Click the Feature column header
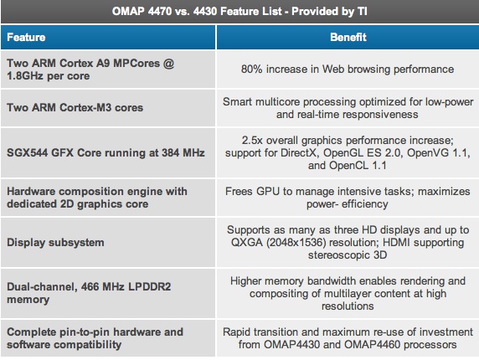[26, 37]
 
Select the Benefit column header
[348, 37]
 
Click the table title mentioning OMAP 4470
[239, 11]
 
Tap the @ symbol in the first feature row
[168, 63]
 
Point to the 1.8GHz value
[25, 75]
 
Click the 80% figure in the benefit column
[252, 69]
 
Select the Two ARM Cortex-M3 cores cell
[75, 107]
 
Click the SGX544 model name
[27, 152]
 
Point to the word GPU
[268, 191]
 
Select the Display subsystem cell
[55, 243]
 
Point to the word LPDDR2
[149, 286]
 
